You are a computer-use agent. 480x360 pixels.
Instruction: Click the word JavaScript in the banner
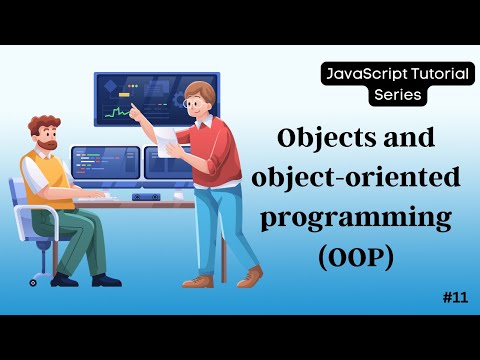click(x=352, y=74)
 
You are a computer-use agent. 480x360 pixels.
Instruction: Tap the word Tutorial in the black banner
click(x=423, y=74)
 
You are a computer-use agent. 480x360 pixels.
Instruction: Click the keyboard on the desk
click(x=107, y=196)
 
